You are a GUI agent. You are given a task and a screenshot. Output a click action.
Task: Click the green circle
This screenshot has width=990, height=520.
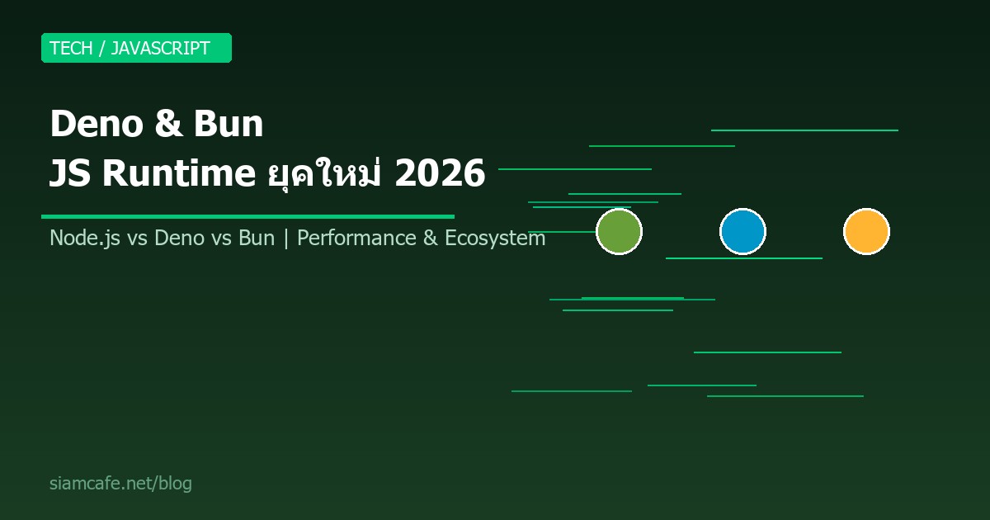coord(619,232)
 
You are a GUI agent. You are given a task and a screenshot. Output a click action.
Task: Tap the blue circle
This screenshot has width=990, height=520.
coord(742,232)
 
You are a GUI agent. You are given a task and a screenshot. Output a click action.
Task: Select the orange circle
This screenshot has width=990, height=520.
coord(866,232)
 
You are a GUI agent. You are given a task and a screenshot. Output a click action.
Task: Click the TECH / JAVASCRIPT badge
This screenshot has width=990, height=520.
coord(136,48)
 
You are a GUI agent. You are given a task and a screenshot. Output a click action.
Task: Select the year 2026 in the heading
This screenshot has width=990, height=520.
coord(440,174)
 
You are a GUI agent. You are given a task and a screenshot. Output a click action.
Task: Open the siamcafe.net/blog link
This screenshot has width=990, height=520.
coord(120,484)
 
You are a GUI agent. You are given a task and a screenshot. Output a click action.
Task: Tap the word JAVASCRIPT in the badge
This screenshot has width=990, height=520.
coord(160,48)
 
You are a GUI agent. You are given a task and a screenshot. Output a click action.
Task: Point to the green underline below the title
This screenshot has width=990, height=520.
coord(247,216)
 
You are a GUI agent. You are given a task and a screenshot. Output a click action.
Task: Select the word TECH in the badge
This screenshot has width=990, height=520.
coord(71,48)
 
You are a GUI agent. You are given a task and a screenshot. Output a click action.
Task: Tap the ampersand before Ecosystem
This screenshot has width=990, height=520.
coord(431,239)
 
